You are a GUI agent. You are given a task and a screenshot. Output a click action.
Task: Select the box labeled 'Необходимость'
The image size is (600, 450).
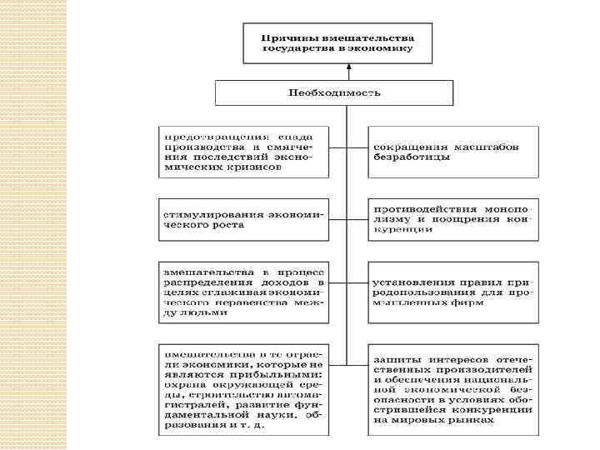pos(334,92)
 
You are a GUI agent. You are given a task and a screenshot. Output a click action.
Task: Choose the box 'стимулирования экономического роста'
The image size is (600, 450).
pos(242,219)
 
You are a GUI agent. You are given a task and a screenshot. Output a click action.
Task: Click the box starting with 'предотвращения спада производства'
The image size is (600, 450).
pos(242,152)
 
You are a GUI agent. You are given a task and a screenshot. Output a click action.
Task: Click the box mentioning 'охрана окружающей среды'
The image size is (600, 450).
pos(242,387)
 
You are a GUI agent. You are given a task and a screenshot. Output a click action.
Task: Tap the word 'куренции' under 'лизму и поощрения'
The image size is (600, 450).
pos(403,229)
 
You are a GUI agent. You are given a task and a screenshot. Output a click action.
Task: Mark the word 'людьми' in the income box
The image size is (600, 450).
pos(186,315)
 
